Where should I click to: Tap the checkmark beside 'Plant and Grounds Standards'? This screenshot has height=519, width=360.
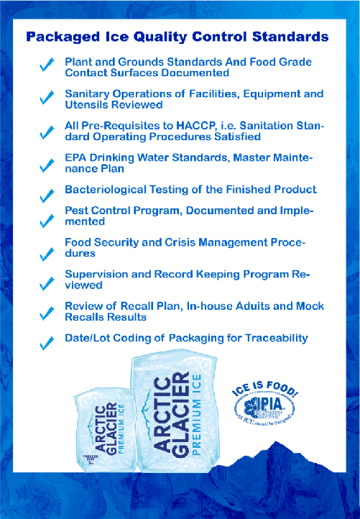point(47,66)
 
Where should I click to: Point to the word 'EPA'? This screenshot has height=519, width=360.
point(77,157)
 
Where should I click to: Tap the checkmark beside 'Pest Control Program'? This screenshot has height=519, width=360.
point(47,219)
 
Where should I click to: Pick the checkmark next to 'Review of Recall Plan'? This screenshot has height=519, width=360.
point(47,313)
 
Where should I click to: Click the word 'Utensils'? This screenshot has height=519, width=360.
point(86,104)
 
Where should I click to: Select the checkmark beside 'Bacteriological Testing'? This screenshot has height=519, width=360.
point(47,194)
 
